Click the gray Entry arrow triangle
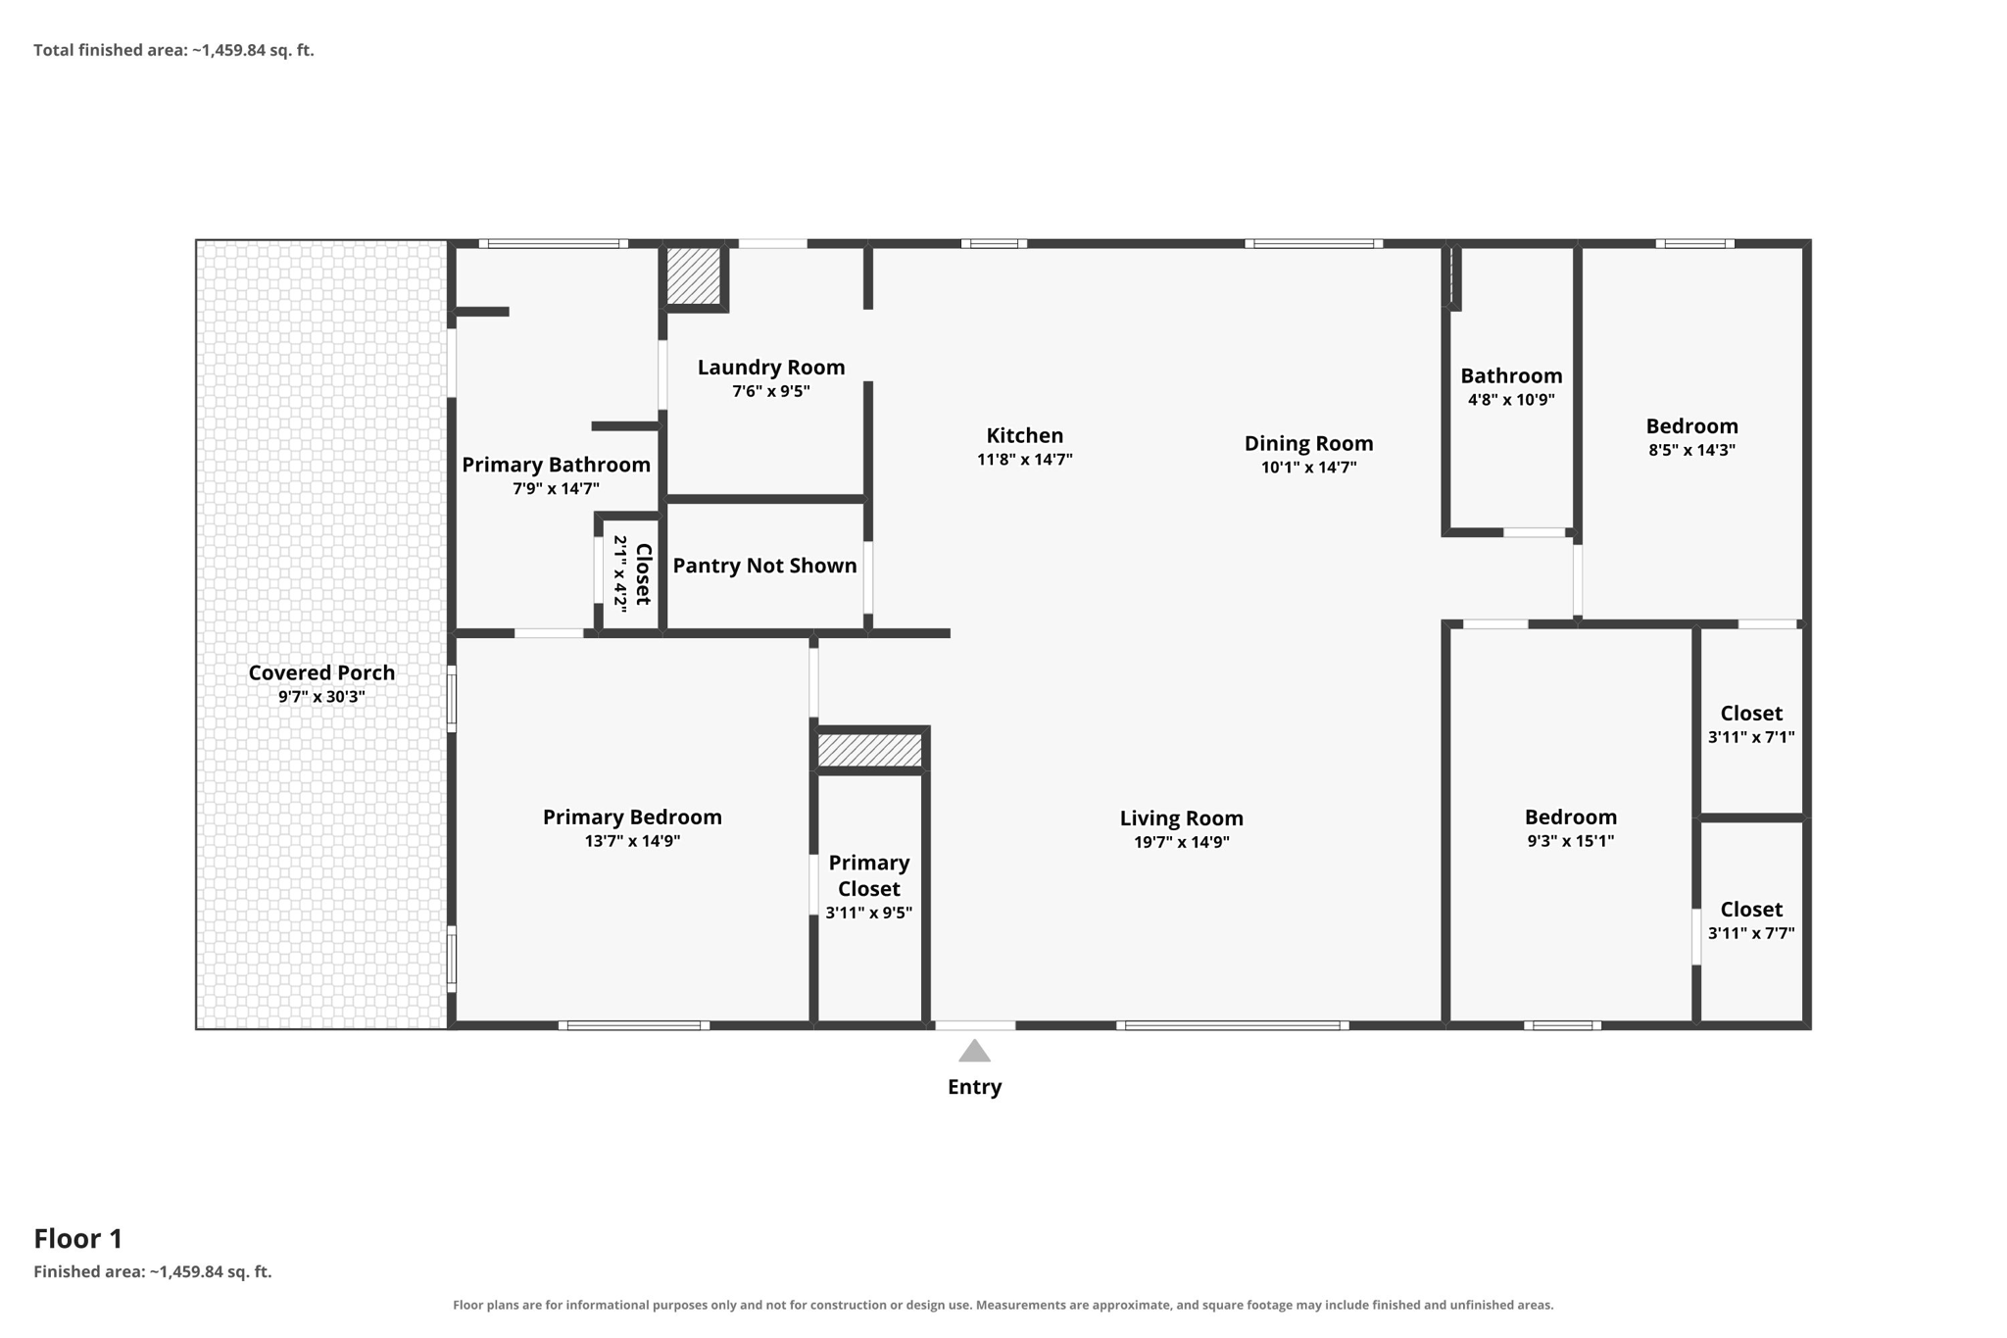(x=974, y=1052)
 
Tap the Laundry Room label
(x=771, y=368)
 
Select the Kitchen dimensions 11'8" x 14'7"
(x=1024, y=460)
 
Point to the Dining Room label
(x=1308, y=443)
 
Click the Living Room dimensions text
(x=1181, y=842)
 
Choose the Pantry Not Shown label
(x=764, y=566)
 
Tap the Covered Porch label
(x=321, y=672)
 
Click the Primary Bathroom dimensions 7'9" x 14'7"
(x=556, y=488)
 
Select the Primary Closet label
(x=869, y=875)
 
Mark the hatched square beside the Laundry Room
(x=694, y=275)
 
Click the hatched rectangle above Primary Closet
(x=869, y=750)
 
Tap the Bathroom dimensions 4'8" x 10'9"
(x=1511, y=400)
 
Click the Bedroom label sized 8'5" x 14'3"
(x=1691, y=426)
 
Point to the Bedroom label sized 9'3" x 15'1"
(x=1570, y=818)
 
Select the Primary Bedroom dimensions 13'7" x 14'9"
(x=632, y=841)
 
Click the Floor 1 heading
(x=78, y=1239)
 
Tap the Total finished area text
(x=173, y=50)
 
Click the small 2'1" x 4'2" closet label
(x=631, y=573)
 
